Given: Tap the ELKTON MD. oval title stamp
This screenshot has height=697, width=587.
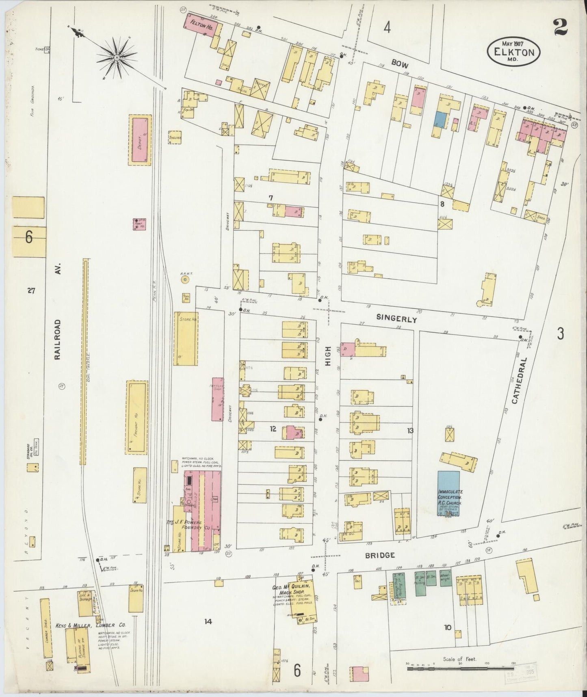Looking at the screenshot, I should [x=514, y=51].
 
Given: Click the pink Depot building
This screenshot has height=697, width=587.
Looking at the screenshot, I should [x=140, y=139].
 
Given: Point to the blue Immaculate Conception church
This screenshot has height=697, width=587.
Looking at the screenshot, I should [x=448, y=493].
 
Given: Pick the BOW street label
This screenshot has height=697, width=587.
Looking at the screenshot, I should [x=400, y=64].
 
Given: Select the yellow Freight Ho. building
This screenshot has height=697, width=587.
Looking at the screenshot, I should [x=136, y=417].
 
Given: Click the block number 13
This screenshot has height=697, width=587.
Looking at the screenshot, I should [x=410, y=430].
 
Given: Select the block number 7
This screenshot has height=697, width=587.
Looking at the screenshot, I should [x=271, y=198].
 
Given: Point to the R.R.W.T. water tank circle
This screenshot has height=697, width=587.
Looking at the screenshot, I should [x=185, y=280].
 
